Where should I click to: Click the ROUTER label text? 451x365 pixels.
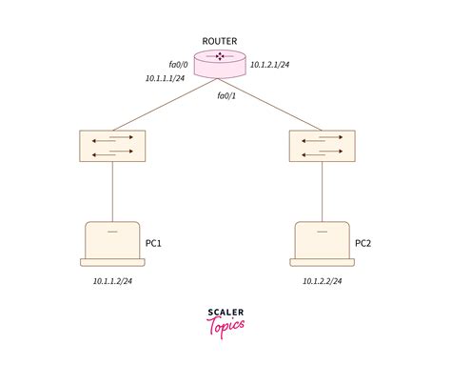220,40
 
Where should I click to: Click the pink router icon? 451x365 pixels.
219,62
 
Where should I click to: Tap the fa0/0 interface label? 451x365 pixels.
179,64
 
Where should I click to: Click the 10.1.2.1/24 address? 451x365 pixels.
269,64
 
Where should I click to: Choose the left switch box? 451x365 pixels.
112,145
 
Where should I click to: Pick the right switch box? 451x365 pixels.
323,145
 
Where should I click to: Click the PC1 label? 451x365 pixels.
154,243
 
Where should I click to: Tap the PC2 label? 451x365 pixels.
363,243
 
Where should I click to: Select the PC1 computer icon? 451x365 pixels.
112,244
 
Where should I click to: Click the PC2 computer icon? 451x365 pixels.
322,244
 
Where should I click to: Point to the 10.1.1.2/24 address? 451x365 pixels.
112,281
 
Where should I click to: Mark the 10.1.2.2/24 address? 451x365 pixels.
323,281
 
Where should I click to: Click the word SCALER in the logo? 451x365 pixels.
226,311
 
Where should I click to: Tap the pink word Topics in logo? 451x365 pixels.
225,325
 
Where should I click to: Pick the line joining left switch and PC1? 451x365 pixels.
112,191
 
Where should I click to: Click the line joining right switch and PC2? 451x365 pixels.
323,191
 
